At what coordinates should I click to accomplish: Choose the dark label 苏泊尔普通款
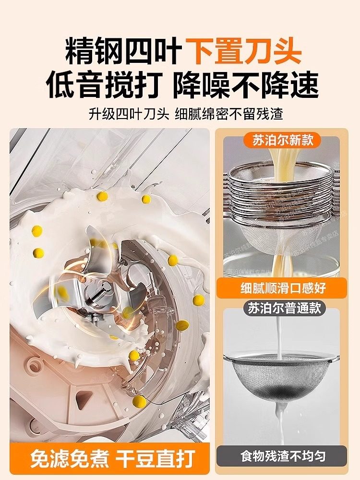tap(284, 308)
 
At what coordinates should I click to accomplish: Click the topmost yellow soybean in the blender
tap(102, 195)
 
